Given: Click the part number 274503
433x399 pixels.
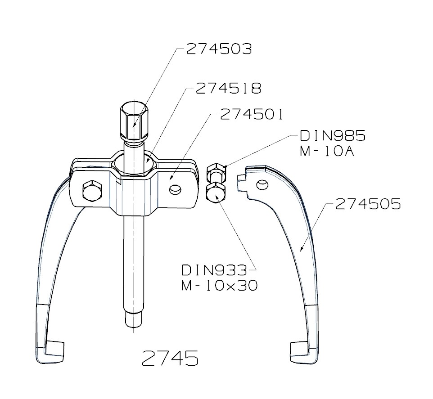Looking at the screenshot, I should point(219,49).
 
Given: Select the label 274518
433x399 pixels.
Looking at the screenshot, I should point(228,89).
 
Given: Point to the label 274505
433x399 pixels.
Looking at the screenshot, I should point(367,205).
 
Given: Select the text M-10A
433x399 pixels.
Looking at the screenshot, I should point(327,152).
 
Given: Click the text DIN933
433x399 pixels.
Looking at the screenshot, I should point(214,270).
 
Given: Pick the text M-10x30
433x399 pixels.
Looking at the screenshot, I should point(220,286).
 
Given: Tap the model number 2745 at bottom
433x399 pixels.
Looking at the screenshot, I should point(170,358).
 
